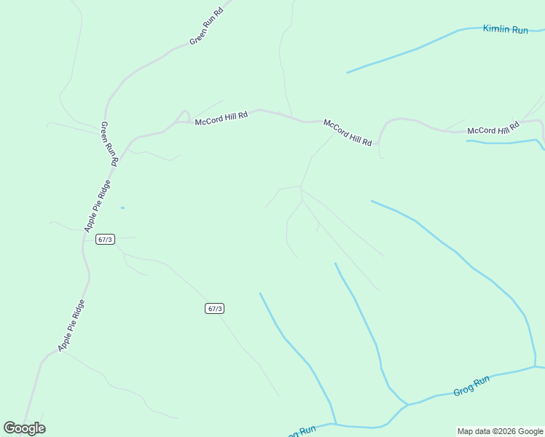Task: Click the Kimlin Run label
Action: coord(505,30)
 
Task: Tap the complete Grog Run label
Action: coord(471,386)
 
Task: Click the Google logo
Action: coord(24,428)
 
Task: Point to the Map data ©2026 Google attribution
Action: coord(500,431)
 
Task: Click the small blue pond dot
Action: coord(122,208)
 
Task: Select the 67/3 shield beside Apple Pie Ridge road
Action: coord(105,239)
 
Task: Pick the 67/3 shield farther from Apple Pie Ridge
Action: coord(214,308)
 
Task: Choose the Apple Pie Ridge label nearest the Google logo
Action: coord(72,325)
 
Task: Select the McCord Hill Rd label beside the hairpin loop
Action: coord(221,118)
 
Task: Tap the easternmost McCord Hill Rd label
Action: coord(493,130)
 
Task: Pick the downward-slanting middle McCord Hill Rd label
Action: coord(348,133)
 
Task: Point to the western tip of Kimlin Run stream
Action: coord(347,73)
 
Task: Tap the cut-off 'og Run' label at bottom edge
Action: coord(299,431)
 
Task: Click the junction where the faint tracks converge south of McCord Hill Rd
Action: coord(301,187)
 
